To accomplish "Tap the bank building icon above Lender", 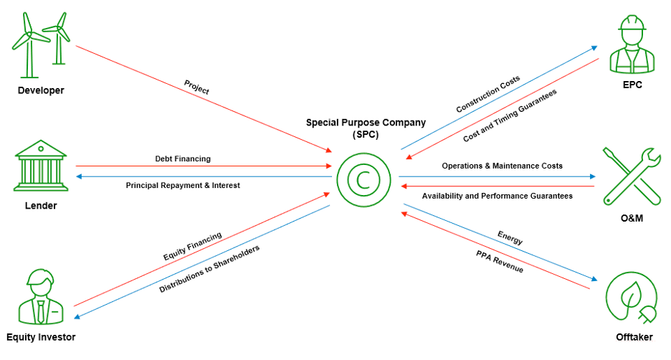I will pos(41,166).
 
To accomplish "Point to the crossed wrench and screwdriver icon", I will pos(632,175).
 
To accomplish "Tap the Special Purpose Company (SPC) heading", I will pos(366,128).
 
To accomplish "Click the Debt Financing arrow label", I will pos(183,158).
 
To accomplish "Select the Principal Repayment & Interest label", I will pos(183,185).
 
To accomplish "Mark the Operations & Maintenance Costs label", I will pos(502,166).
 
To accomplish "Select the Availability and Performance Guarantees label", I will pos(497,196).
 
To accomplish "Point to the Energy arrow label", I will pos(510,238).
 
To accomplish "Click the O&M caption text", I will pos(632,217).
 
